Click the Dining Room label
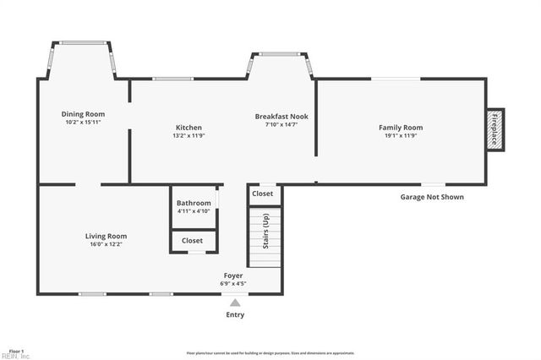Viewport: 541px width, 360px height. coord(83,113)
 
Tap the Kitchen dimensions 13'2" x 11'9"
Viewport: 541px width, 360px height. coord(189,135)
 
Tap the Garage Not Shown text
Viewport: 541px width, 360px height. coord(431,197)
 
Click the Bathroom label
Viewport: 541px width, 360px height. coord(194,203)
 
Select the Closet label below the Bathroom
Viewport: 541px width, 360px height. coord(192,241)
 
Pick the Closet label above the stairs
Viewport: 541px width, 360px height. coord(263,194)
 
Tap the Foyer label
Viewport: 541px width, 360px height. coord(234,275)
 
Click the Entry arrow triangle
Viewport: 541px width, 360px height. coord(235,303)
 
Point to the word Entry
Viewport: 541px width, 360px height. coord(235,315)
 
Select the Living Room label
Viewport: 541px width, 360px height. coord(106,236)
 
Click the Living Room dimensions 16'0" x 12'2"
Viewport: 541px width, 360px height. coord(106,245)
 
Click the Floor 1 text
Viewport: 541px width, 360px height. coord(16,350)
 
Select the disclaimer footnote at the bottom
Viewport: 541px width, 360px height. coord(270,353)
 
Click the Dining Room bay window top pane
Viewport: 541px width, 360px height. coord(82,43)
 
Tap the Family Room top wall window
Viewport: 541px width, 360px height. coord(396,79)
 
